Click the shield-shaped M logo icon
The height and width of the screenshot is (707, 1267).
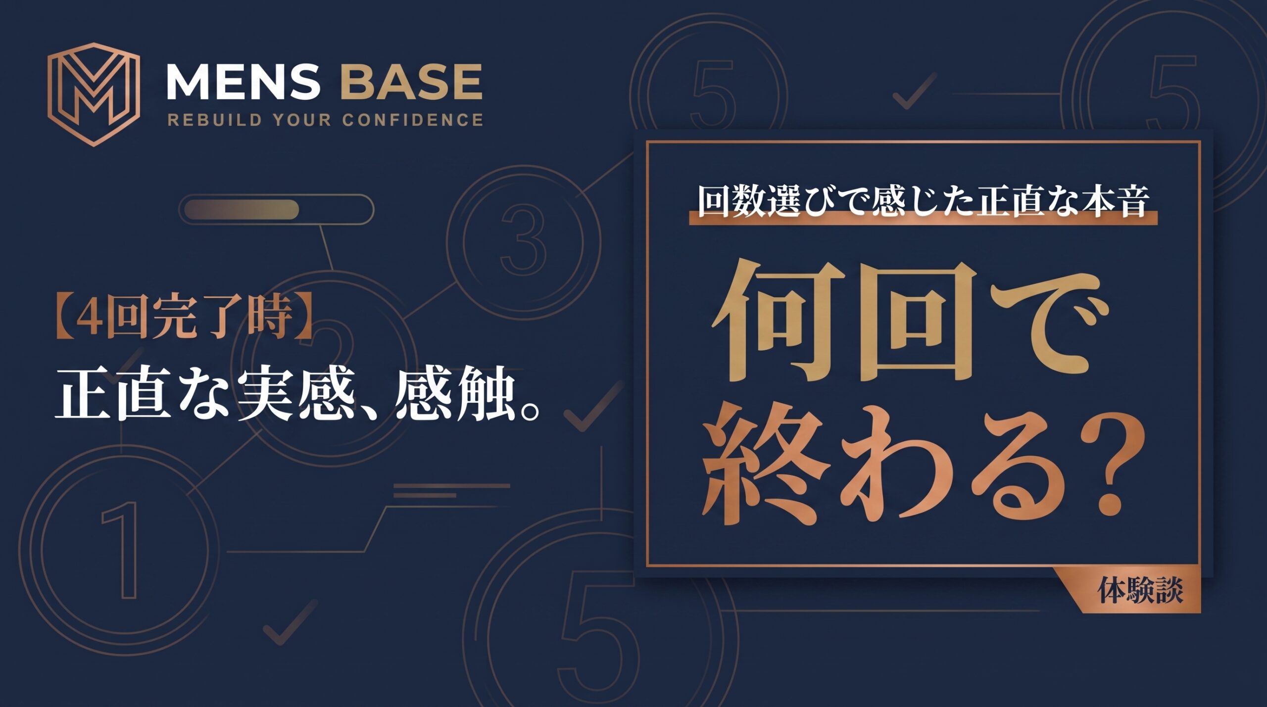click(94, 94)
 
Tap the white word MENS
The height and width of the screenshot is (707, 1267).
click(243, 82)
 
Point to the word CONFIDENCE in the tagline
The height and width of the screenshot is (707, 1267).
click(413, 120)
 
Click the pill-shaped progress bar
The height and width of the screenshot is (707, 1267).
click(276, 209)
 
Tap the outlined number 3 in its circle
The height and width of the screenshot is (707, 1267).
click(524, 240)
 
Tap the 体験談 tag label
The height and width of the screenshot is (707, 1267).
click(1140, 591)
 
